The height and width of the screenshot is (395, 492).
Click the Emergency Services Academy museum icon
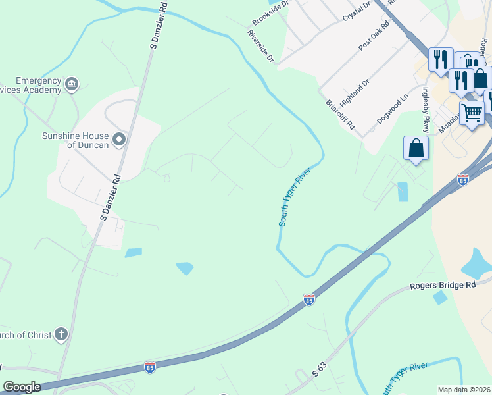(x=72, y=83)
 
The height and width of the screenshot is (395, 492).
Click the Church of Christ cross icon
(x=61, y=334)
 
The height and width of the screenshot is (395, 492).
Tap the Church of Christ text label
(x=25, y=335)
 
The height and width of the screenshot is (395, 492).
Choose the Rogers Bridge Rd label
(x=442, y=286)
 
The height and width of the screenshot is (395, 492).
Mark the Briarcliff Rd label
(x=341, y=115)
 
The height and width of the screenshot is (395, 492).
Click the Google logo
(x=22, y=387)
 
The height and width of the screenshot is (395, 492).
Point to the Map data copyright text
(x=464, y=389)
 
